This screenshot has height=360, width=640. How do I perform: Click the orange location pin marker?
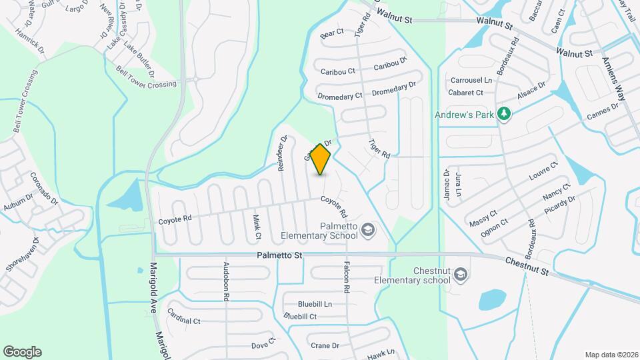[x=321, y=159]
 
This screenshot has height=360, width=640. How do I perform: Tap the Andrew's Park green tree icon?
[x=505, y=115]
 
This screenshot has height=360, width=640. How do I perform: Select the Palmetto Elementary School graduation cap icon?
[x=367, y=231]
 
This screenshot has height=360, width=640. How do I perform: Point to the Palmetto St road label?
[x=280, y=255]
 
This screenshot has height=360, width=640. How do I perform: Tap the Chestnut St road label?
[x=526, y=267]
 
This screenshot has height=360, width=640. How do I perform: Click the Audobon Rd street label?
[x=227, y=283]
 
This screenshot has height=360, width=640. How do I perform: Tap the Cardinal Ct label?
[x=184, y=316]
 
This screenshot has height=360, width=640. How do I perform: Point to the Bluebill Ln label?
[x=315, y=304]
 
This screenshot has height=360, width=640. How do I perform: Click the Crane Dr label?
[x=325, y=345]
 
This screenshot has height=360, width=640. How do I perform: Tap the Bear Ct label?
[x=331, y=32]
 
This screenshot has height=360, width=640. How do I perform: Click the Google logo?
[x=22, y=351]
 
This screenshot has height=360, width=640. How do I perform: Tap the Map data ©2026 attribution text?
[x=610, y=354]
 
